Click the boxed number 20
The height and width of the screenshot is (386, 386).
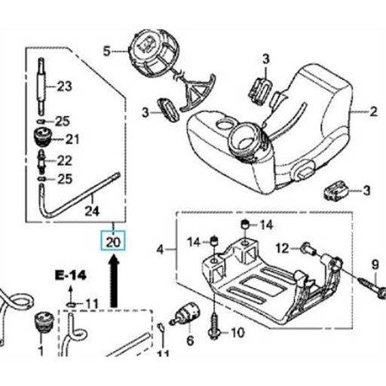(113, 242)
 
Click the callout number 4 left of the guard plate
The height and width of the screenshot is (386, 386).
(160, 248)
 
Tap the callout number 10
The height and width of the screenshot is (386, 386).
(235, 332)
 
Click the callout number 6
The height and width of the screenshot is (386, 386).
(189, 340)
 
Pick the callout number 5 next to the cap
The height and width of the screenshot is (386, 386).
(106, 51)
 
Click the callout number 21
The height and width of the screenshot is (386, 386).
(72, 139)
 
